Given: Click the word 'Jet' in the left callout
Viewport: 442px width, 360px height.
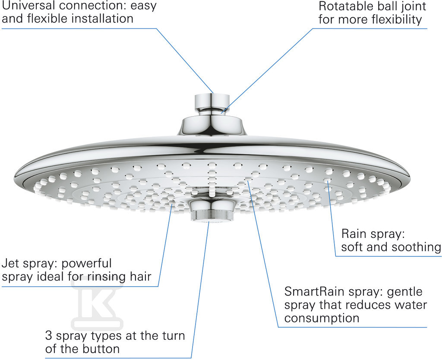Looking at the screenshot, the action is tap(10, 263).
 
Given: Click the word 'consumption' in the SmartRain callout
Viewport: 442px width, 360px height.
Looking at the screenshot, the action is tap(322, 318).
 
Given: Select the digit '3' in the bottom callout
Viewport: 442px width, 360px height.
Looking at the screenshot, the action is tap(48, 336).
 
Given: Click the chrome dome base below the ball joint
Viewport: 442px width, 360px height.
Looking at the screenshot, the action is tap(212, 126).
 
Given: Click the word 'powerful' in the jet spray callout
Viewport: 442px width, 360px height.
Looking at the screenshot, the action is tap(86, 264).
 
